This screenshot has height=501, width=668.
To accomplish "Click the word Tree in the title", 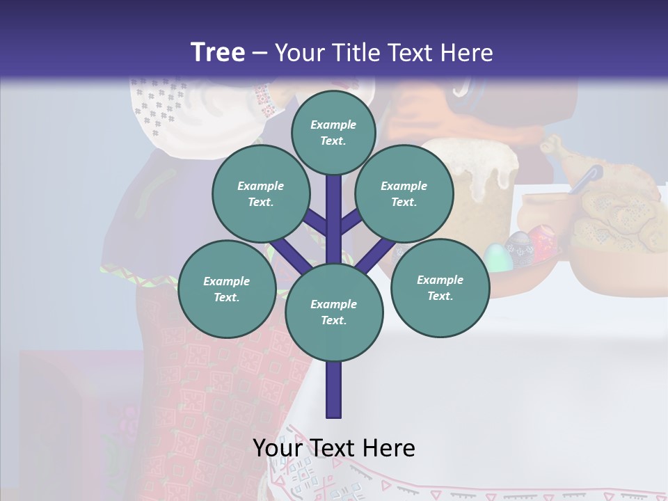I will coord(218,53).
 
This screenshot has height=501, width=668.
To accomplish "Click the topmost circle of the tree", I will coord(333,132).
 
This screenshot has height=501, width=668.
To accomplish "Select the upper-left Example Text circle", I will coord(260,194).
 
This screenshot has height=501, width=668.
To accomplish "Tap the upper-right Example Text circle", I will coord(404,194).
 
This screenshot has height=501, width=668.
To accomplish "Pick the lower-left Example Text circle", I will coord(226,289).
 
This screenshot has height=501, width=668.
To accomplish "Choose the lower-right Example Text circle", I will coord(440,287).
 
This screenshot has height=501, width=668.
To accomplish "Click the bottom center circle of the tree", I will coord(334,312).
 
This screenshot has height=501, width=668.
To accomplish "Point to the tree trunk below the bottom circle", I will coord(334,390).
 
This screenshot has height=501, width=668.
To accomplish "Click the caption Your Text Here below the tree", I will coord(333,447).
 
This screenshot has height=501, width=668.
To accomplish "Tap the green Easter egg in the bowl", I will coord(496,257).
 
